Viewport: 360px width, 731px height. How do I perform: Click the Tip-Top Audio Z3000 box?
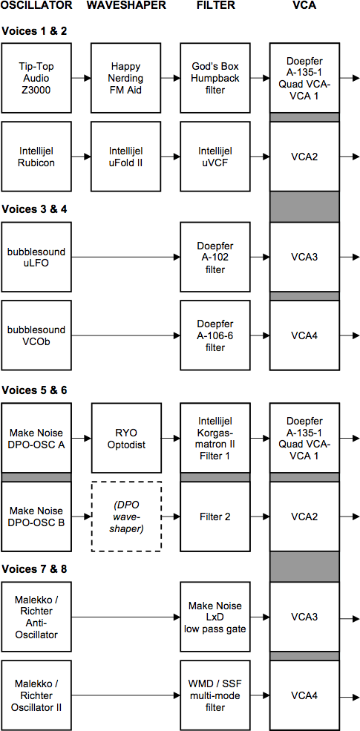[x=36, y=79]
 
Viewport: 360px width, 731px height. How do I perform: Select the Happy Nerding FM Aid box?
[x=126, y=79]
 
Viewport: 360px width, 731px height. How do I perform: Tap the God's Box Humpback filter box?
[x=215, y=79]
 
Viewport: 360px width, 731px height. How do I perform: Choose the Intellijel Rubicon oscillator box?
[x=36, y=157]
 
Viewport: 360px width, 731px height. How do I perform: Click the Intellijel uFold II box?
[x=126, y=157]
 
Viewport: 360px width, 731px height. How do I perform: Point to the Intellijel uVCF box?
[x=215, y=157]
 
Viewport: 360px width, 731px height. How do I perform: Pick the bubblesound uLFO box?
[x=36, y=257]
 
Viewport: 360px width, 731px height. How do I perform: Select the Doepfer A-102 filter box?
[x=215, y=257]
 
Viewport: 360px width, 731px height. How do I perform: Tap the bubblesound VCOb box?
[x=36, y=335]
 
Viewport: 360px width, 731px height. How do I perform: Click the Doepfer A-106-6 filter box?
[x=215, y=335]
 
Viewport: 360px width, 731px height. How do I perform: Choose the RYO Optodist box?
[x=126, y=438]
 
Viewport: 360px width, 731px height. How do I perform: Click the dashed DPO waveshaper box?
[x=126, y=517]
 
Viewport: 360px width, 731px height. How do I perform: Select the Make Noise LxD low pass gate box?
[x=215, y=617]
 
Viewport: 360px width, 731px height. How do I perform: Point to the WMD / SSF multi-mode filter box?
[x=215, y=695]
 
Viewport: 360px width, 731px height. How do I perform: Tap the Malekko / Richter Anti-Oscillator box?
[x=36, y=617]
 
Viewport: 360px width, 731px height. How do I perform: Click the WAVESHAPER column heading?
[x=126, y=6]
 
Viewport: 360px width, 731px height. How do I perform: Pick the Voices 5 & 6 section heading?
[x=34, y=390]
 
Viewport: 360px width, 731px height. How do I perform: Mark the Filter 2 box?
[x=215, y=517]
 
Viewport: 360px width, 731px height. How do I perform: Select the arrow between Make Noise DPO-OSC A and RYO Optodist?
[x=82, y=438]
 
